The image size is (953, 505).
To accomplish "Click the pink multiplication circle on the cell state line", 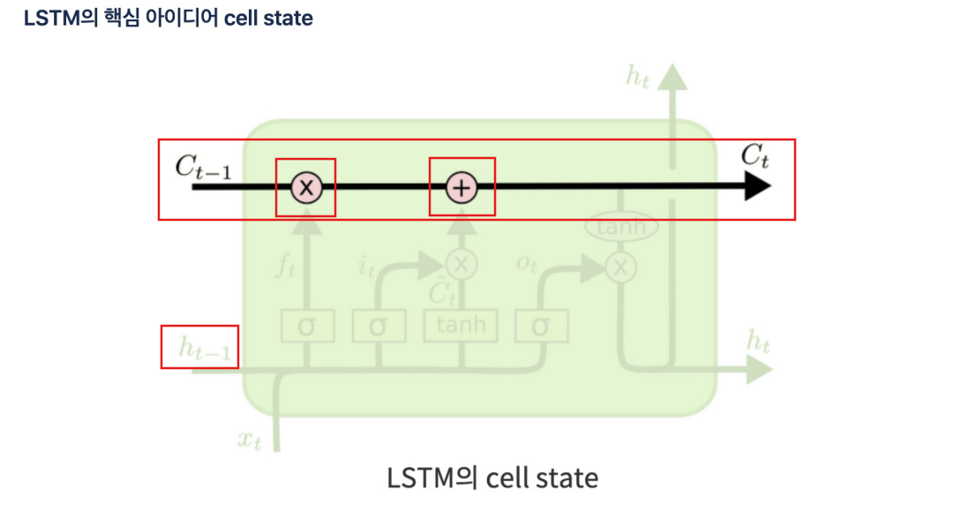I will pos(306,187).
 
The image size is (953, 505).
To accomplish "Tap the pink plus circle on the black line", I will pos(461,187).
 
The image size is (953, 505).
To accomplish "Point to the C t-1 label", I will pos(203,166).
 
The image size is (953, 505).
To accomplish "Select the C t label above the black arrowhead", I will pos(754,157).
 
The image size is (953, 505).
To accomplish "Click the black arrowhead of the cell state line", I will pos(756,187).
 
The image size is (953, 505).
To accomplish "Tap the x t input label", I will pos(250,439).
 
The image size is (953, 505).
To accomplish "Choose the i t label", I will pos(366,265).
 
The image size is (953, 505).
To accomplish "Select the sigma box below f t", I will pos(307,326).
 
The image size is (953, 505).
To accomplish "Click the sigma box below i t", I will pos(379,326).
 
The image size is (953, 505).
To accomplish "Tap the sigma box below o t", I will pos(541,326).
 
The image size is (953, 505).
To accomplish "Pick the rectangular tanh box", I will pos(461,325).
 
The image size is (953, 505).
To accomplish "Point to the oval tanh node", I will pos(622,228).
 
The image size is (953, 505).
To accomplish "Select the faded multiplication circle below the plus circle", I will pos(461,263).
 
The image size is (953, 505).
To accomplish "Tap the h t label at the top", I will pos(638,76).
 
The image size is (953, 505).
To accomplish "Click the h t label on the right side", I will pos(758,341).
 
